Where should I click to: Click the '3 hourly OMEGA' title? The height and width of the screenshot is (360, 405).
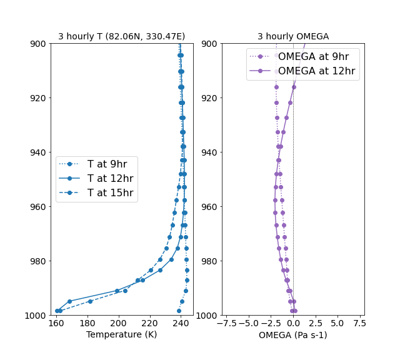tap(293, 37)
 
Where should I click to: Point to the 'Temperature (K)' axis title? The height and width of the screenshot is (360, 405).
tap(121, 335)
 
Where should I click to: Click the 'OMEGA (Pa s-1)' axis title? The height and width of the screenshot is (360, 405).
tap(293, 335)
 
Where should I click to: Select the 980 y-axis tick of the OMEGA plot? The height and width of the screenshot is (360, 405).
tap(208, 261)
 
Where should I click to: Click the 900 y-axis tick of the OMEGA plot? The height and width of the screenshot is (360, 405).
tap(208, 44)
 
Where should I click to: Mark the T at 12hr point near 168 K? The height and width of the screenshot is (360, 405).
tap(69, 301)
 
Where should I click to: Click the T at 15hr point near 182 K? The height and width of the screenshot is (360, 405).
tap(90, 301)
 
